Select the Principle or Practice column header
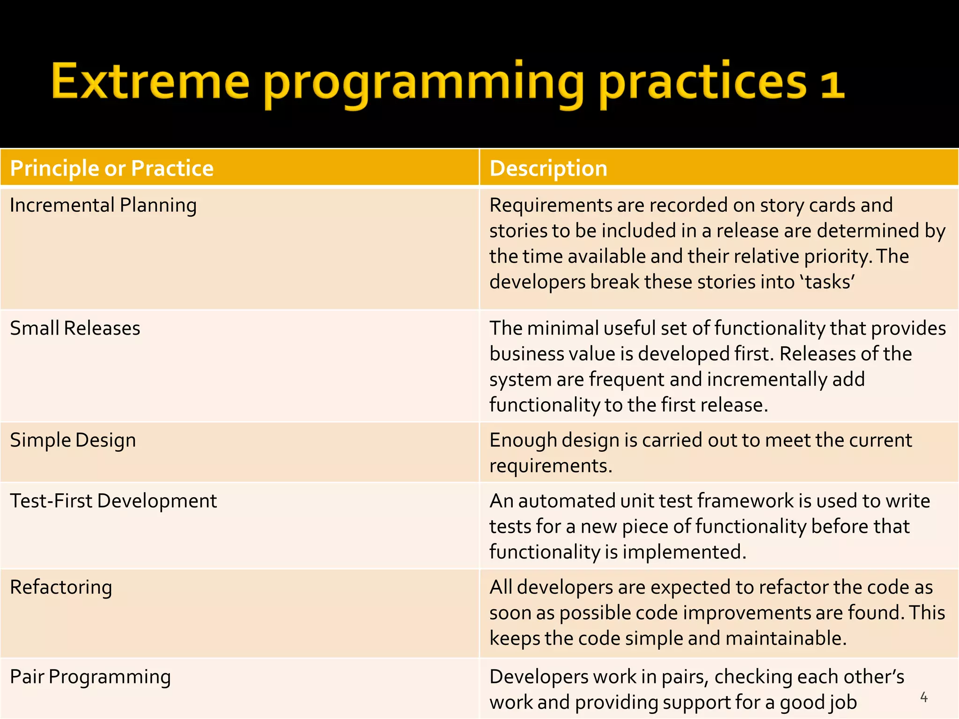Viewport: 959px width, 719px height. (x=111, y=168)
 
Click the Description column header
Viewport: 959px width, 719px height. (x=548, y=168)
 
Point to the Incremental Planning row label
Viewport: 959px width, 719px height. (x=103, y=205)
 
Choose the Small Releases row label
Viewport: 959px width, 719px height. (x=75, y=328)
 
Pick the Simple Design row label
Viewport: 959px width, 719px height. (x=73, y=440)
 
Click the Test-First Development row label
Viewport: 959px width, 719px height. (x=113, y=501)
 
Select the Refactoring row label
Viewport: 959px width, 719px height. (x=61, y=587)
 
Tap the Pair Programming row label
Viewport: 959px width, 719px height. (x=90, y=677)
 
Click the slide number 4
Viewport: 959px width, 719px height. (x=924, y=697)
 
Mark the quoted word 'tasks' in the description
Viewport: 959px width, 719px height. (x=828, y=282)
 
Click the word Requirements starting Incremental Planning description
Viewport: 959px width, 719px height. (x=551, y=205)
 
